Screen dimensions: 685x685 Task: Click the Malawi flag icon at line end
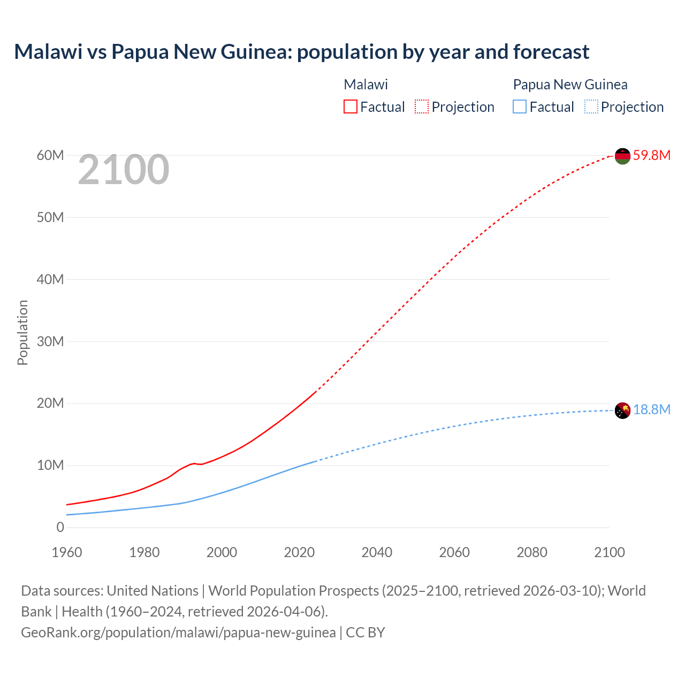click(622, 156)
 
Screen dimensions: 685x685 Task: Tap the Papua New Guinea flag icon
click(622, 410)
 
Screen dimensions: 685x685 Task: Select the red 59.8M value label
click(651, 156)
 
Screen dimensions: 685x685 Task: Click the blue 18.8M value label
click(651, 410)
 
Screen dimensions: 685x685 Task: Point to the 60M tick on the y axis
click(50, 156)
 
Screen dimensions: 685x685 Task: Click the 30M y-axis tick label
click(50, 341)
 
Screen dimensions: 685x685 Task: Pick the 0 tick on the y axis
click(60, 528)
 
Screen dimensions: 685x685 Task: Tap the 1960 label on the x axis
click(67, 552)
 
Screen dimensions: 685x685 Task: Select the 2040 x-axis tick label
click(377, 552)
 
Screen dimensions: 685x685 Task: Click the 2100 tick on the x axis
click(609, 552)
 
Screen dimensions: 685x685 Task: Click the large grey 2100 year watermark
click(124, 170)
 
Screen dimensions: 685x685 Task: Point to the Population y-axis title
click(22, 332)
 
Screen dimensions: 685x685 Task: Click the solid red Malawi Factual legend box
click(350, 107)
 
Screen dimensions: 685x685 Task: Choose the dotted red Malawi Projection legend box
click(422, 107)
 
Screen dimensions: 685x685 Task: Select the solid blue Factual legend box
click(520, 107)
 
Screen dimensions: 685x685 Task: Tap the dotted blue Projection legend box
click(591, 107)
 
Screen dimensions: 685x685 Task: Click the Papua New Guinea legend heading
click(570, 85)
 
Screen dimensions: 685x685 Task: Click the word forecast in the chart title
click(551, 52)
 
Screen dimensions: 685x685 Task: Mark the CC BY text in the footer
click(366, 633)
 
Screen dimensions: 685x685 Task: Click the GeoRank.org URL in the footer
click(178, 633)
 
